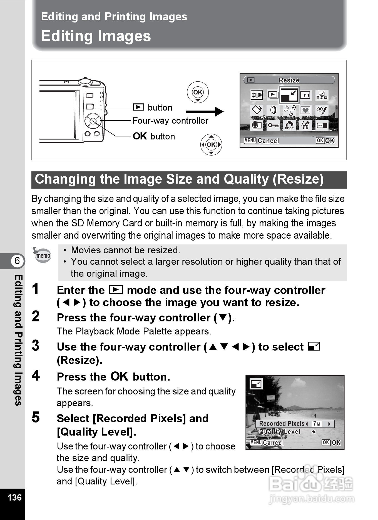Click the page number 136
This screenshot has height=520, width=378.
tap(14, 497)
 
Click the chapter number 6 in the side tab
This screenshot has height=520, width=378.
tap(17, 261)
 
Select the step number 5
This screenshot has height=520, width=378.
tap(36, 417)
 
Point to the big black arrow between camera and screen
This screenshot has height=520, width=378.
tap(205, 112)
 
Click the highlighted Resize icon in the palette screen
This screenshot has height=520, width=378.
tap(289, 95)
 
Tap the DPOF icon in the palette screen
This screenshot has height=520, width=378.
tap(289, 125)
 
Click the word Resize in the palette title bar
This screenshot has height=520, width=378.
tap(289, 80)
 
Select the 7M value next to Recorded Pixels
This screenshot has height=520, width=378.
tap(317, 424)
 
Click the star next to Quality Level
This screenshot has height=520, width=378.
tap(314, 432)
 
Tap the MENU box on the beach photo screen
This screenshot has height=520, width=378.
tap(256, 442)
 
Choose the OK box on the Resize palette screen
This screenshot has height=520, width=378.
tap(320, 141)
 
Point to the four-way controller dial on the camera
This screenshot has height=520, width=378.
tap(93, 121)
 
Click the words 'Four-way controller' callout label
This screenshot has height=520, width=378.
tap(170, 121)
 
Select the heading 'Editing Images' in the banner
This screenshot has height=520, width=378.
tap(96, 36)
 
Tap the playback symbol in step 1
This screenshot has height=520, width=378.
tap(116, 290)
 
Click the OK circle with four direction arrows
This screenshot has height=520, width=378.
tap(211, 144)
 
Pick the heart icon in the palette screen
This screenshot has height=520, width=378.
tap(305, 110)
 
